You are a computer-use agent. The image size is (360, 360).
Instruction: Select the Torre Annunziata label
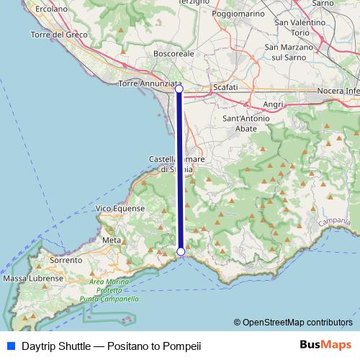pos(148,84)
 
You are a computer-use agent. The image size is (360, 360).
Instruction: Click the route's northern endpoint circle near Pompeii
pos(179,89)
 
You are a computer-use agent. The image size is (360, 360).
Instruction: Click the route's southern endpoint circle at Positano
pos(181,251)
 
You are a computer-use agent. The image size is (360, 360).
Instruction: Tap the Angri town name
pos(274,104)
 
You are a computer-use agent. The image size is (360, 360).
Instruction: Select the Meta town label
pos(112,240)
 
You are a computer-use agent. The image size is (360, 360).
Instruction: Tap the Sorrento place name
pos(67,260)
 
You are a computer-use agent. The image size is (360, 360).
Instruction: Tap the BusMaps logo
pos(325,345)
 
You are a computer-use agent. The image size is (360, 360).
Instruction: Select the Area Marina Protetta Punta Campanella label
pos(109,289)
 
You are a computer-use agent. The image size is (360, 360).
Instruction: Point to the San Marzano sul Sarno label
pos(289,52)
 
